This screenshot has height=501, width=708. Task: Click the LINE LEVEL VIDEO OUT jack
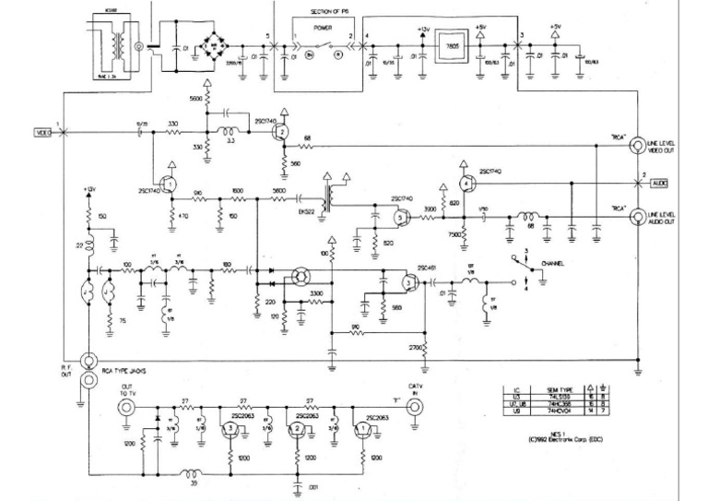[636, 145]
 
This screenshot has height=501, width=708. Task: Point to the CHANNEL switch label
[552, 263]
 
